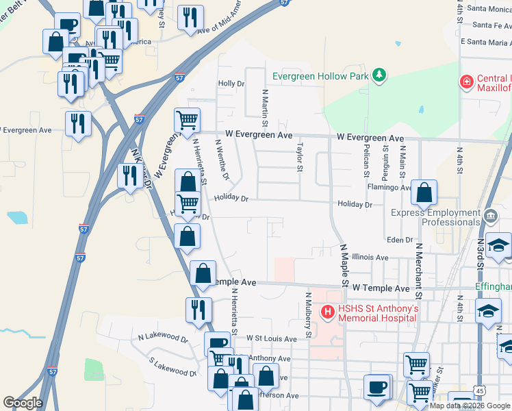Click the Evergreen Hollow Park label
pos(320,76)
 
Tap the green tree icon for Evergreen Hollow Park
pos(379,75)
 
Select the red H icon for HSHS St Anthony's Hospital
pos(328,312)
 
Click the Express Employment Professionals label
pos(435,217)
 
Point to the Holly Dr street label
pos(231,84)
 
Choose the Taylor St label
pos(299,158)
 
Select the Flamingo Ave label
pos(389,187)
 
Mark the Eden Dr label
pos(400,240)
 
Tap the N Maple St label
pos(344,266)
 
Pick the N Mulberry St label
pos(309,316)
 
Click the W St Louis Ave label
pos(271,338)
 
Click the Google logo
pos(23,403)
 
